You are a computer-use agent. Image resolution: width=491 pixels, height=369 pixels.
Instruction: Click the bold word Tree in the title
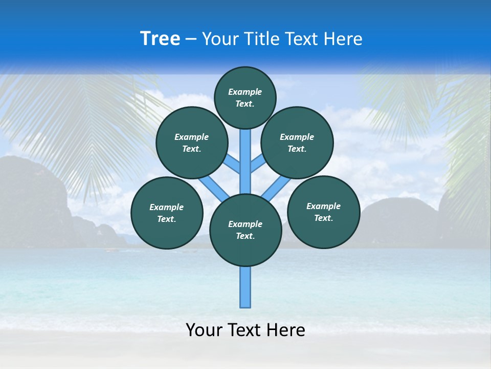click(x=160, y=39)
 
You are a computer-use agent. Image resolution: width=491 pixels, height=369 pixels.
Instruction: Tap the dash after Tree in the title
click(x=191, y=39)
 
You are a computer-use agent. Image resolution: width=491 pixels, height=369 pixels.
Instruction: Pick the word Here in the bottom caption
click(x=287, y=330)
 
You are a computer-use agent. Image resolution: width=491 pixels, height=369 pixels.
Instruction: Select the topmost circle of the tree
click(x=245, y=97)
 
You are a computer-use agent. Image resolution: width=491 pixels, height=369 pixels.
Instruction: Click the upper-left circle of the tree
click(x=192, y=142)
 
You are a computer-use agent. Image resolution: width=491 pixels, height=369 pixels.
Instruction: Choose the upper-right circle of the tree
click(x=297, y=142)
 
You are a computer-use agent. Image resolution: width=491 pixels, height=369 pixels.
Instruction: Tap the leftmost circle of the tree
click(x=167, y=213)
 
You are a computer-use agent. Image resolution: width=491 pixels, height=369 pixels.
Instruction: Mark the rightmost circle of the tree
click(x=323, y=212)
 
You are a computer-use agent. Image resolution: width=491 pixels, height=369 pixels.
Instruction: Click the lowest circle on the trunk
click(x=245, y=230)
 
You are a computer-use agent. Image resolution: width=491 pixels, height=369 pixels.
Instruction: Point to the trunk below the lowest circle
click(x=245, y=287)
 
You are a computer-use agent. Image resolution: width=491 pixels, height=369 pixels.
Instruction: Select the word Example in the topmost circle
click(x=245, y=92)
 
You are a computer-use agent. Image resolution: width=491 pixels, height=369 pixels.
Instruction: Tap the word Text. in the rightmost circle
click(x=323, y=218)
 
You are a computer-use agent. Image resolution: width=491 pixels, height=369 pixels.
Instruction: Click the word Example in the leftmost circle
click(x=167, y=207)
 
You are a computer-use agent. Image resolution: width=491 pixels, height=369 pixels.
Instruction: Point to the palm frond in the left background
click(x=77, y=118)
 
